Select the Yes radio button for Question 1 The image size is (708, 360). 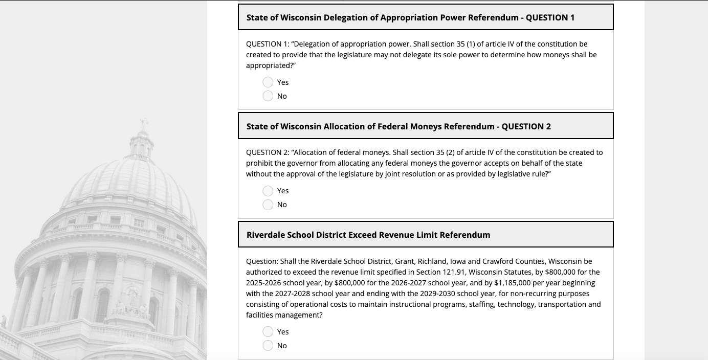pyautogui.click(x=268, y=82)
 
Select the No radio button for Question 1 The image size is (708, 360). pyautogui.click(x=268, y=96)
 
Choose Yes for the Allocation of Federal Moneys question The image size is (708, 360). pyautogui.click(x=268, y=191)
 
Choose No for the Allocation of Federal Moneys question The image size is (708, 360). pyautogui.click(x=268, y=205)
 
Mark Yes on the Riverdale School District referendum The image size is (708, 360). pyautogui.click(x=268, y=332)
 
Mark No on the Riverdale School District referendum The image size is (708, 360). pyautogui.click(x=268, y=346)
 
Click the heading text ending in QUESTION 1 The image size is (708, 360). pyautogui.click(x=410, y=17)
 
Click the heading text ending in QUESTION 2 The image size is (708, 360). pyautogui.click(x=399, y=126)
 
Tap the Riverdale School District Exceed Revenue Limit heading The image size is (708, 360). pyautogui.click(x=368, y=235)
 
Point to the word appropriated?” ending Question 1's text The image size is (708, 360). pyautogui.click(x=271, y=65)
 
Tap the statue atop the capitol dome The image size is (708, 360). pyautogui.click(x=144, y=123)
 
